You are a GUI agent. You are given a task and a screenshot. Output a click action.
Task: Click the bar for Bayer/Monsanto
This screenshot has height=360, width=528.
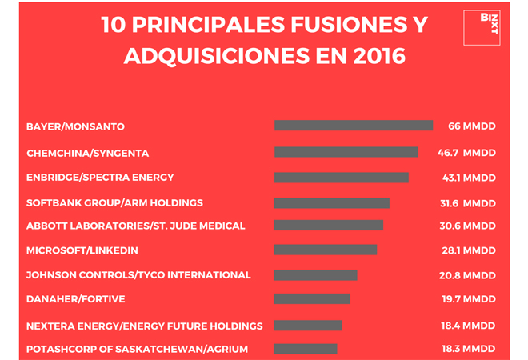point(353,126)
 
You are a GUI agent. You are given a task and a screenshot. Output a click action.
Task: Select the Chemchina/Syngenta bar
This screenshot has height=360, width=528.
point(346,152)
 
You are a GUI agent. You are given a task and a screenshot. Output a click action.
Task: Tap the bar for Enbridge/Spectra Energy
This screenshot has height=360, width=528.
point(341,178)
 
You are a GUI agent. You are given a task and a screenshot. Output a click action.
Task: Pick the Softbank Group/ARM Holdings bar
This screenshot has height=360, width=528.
point(331,202)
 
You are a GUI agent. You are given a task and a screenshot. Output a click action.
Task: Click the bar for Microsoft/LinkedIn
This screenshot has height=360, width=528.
point(325,250)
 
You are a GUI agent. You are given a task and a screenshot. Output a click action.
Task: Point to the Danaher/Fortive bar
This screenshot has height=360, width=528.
point(311,299)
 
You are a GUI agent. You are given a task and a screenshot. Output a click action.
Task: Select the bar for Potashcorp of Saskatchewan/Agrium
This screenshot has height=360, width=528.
point(305,349)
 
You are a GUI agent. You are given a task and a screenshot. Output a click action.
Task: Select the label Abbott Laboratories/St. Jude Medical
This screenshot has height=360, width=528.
point(135,226)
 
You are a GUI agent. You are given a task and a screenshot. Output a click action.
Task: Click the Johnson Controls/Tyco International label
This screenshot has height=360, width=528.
point(138,274)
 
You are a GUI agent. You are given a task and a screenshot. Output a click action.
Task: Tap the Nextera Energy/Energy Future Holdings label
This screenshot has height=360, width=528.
point(144,326)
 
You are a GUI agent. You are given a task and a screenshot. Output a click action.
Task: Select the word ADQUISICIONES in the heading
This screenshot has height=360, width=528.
point(204,57)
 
